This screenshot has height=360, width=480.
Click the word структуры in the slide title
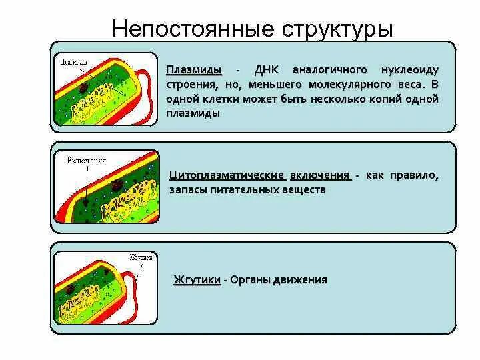point(338,29)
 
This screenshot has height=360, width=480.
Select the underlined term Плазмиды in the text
point(194,70)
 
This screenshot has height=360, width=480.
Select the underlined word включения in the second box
point(321,175)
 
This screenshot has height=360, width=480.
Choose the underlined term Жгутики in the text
point(197,280)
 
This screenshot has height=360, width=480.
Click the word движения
point(301,280)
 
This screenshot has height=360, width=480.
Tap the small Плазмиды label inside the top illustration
point(73,61)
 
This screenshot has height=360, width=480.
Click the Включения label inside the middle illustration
point(86,161)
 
